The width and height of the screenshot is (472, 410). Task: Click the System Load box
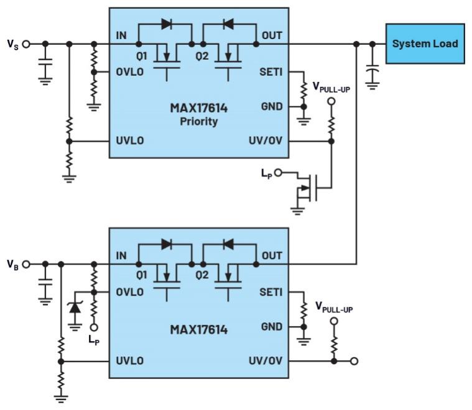pyautogui.click(x=425, y=43)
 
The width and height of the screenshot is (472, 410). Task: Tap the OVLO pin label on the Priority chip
pyautogui.click(x=129, y=71)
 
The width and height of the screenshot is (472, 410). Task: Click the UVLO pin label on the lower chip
pyautogui.click(x=129, y=360)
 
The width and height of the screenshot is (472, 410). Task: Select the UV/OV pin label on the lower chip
pyautogui.click(x=266, y=360)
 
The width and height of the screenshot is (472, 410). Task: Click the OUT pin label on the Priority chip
pyautogui.click(x=271, y=35)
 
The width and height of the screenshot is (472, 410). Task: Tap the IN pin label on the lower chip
pyautogui.click(x=121, y=256)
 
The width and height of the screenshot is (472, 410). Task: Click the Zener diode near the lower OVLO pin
pyautogui.click(x=75, y=307)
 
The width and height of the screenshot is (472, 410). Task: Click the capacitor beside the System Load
pyautogui.click(x=373, y=73)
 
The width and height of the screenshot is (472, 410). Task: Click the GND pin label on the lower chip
pyautogui.click(x=272, y=326)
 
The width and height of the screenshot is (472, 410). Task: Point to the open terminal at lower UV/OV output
pyautogui.click(x=355, y=360)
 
